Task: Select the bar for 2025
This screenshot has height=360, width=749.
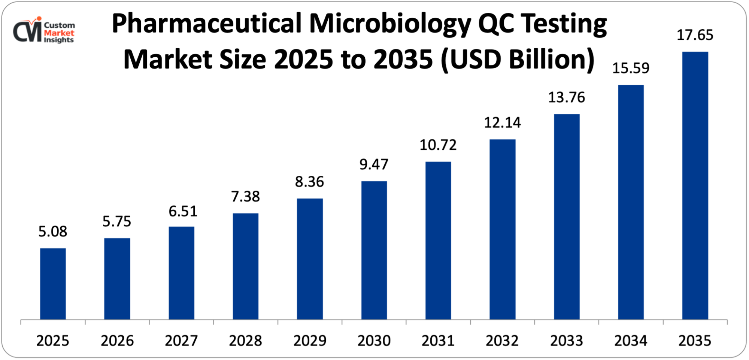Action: pos(53,284)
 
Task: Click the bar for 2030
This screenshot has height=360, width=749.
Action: pos(374,250)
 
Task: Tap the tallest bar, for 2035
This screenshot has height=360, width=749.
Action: pos(695,185)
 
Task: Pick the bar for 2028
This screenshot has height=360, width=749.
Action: pos(246,266)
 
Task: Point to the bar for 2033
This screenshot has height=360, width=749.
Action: pos(567,217)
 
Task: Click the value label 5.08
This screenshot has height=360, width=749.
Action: pos(53,232)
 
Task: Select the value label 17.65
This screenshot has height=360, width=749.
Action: pos(695,35)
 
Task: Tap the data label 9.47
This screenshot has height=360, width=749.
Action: pos(374,164)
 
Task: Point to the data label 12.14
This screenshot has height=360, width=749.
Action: pos(503,123)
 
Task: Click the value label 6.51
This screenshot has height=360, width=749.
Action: pos(183,211)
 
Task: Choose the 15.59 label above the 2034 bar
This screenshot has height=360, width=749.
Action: pos(631,68)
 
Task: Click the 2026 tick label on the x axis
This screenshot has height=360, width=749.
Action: pos(117,341)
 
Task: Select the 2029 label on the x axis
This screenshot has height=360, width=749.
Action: pos(310,341)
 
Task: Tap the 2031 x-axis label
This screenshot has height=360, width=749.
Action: pos(438,341)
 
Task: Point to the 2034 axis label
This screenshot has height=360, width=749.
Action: pos(631,341)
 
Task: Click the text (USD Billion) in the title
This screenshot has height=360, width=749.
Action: pos(518,60)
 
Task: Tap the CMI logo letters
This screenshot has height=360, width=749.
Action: pos(27,31)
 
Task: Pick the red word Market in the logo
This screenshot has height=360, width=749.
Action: pos(59,33)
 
